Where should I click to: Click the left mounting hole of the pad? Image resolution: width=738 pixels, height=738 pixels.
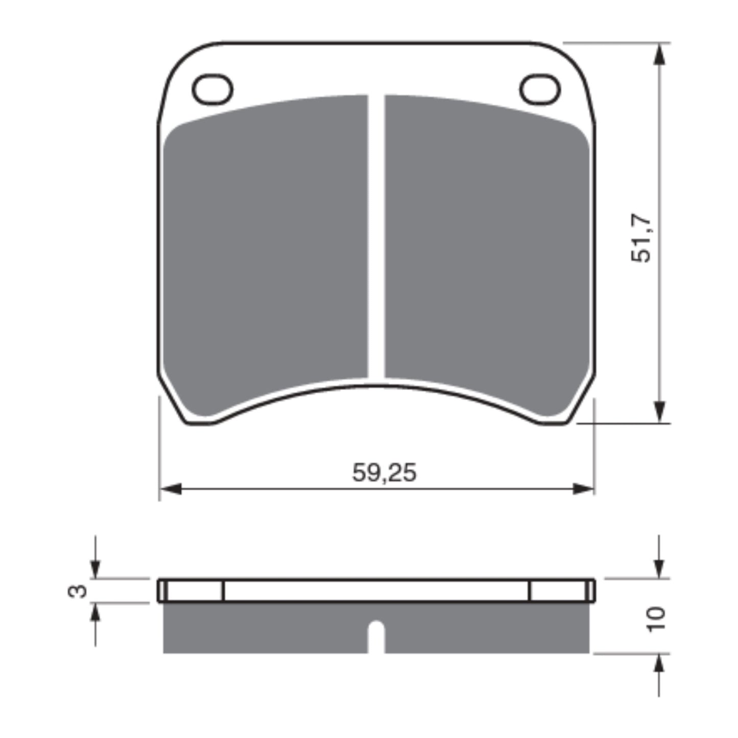(x=212, y=90)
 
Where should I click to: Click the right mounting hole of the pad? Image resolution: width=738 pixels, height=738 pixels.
(x=540, y=90)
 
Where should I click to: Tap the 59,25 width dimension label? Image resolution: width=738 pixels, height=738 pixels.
(x=384, y=473)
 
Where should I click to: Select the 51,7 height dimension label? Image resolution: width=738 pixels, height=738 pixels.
(x=641, y=238)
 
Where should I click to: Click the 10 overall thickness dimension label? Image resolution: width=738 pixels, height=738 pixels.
(x=657, y=619)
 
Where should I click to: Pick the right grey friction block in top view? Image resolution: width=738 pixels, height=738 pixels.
(x=485, y=240)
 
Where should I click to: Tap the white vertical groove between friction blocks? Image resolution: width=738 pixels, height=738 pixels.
(x=376, y=235)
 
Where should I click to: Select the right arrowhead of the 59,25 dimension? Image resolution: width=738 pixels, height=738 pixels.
(x=583, y=489)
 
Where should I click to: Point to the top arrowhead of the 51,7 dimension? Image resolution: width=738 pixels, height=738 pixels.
(x=660, y=54)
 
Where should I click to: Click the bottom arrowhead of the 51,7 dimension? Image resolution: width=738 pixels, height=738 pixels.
(x=660, y=411)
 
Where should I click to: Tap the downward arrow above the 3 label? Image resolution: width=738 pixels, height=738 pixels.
(x=96, y=567)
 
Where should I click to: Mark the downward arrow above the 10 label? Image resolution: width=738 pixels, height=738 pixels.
(x=660, y=567)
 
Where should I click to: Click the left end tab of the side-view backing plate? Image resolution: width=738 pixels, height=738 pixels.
(x=191, y=590)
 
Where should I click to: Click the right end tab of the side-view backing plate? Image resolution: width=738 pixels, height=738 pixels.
(x=562, y=590)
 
